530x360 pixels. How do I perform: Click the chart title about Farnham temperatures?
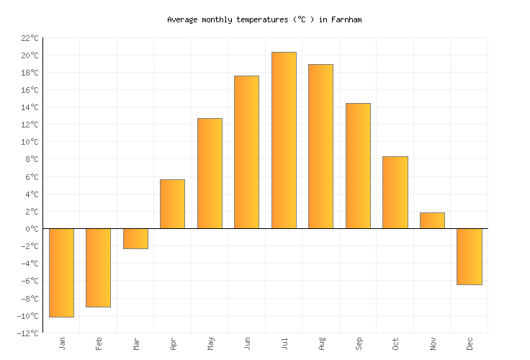(264, 20)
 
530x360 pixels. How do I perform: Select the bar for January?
(61, 272)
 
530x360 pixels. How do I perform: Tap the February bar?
(98, 267)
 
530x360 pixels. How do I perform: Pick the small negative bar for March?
(135, 238)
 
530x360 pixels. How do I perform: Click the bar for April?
(172, 204)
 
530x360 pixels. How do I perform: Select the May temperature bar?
(210, 174)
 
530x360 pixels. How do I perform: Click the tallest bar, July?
(284, 140)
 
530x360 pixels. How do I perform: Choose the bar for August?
(320, 146)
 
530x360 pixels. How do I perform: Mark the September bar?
(358, 166)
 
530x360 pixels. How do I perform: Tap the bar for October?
(395, 192)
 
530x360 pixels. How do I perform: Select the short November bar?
(432, 220)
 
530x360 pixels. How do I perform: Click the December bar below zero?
(469, 256)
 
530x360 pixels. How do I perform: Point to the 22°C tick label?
(29, 38)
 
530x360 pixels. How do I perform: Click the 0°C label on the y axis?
(31, 229)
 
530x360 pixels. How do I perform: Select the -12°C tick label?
(27, 333)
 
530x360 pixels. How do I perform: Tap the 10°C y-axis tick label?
(29, 142)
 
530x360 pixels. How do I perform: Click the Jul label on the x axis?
(284, 343)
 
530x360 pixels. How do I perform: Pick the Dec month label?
(470, 343)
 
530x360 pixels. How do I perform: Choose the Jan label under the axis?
(62, 343)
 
